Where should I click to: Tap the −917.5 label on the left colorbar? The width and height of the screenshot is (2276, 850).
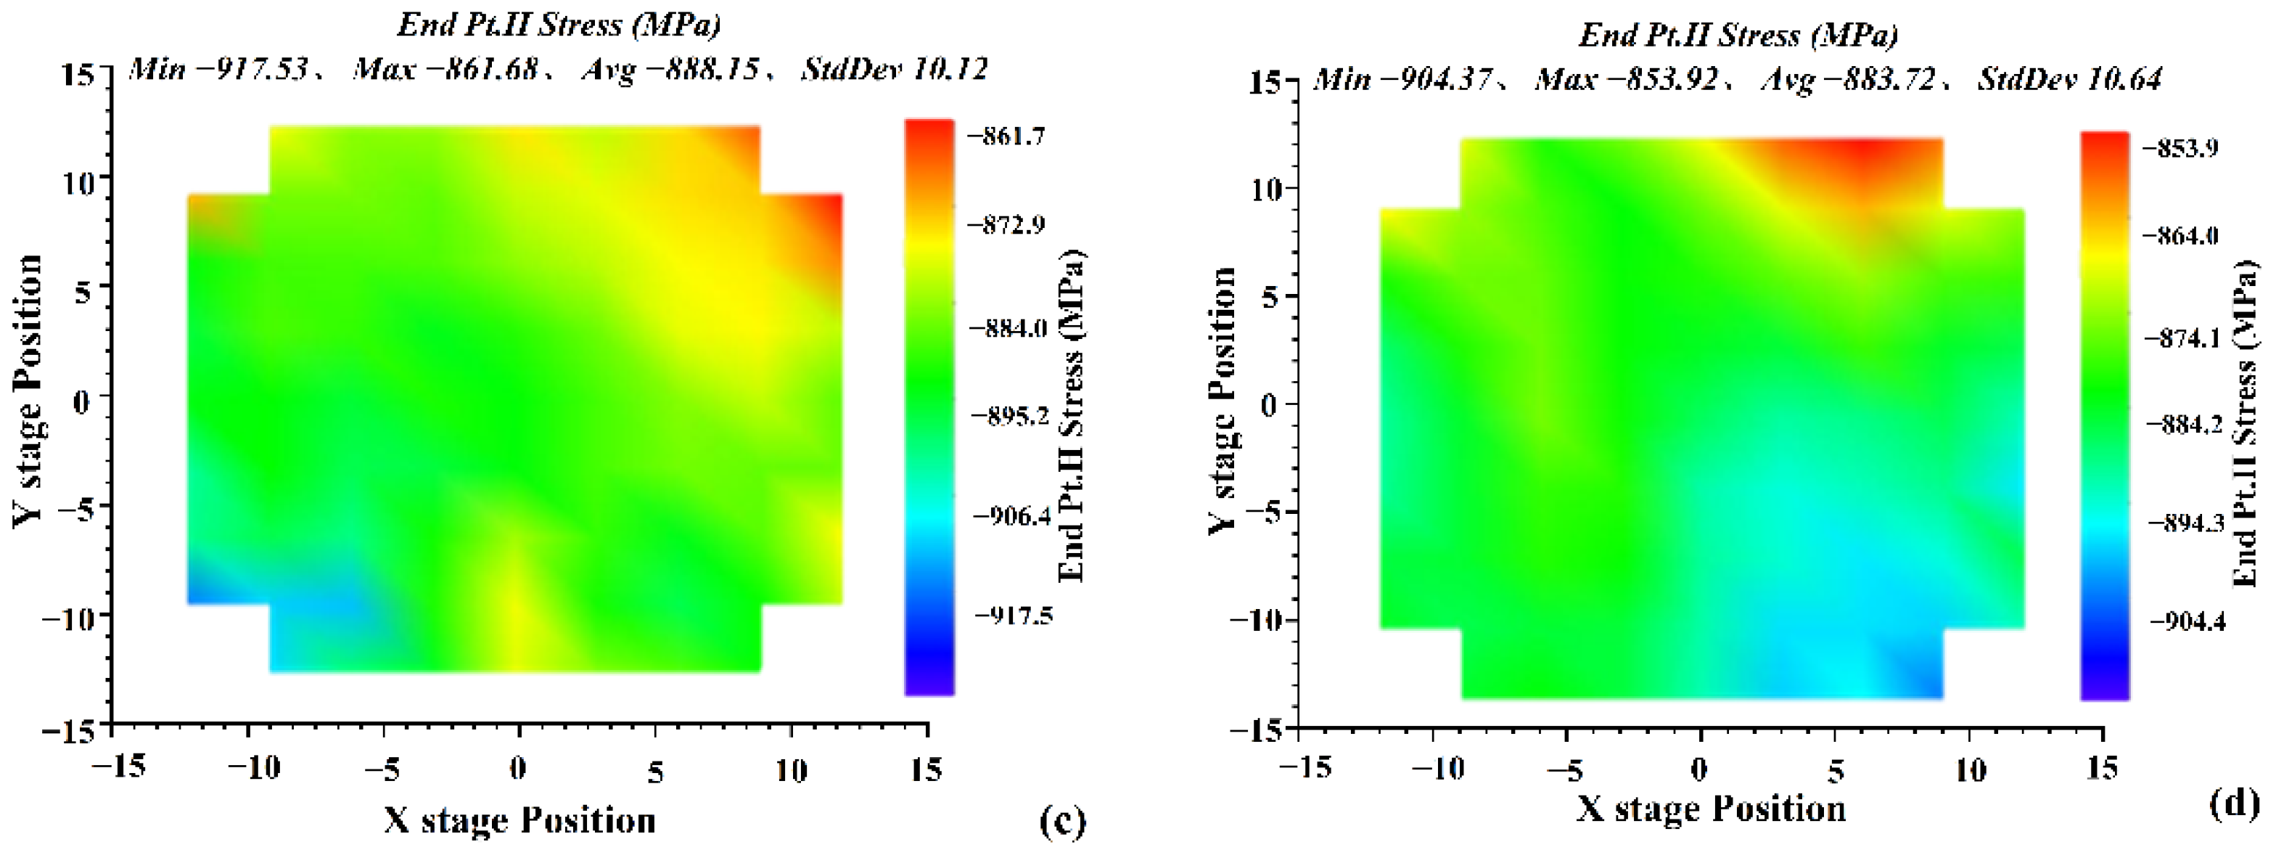tap(1014, 615)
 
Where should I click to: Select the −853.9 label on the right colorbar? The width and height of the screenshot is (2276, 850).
tap(2180, 147)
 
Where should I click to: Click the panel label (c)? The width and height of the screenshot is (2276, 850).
tap(1061, 820)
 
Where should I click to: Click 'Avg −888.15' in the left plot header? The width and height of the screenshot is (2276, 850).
tap(670, 69)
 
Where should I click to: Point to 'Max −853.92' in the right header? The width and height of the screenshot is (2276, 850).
tap(1627, 80)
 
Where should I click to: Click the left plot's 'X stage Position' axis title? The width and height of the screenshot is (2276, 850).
tap(519, 820)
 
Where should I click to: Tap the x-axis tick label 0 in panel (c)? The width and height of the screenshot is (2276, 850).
tap(519, 769)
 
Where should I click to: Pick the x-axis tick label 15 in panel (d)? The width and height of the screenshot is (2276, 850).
tap(2102, 769)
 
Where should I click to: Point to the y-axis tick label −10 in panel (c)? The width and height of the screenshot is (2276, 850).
tap(68, 617)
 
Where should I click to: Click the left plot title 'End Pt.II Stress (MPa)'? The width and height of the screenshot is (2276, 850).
tap(559, 25)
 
